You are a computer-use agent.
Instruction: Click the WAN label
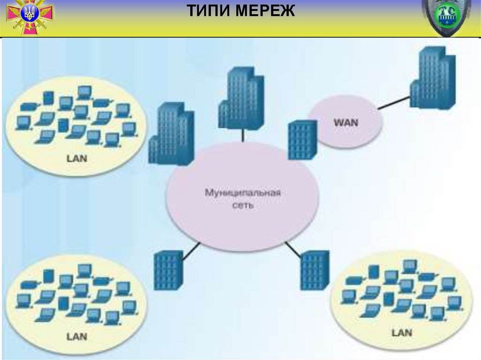click(x=345, y=123)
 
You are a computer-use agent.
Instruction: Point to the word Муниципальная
click(x=243, y=192)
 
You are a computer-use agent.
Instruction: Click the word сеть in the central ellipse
click(x=243, y=206)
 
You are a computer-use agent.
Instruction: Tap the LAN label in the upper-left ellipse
click(x=77, y=158)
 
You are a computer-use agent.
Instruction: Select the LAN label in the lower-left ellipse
click(x=77, y=336)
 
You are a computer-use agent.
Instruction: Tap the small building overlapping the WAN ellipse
click(x=303, y=140)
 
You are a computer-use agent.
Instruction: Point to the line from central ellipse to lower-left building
click(x=191, y=251)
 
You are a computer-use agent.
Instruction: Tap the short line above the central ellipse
click(x=242, y=135)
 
